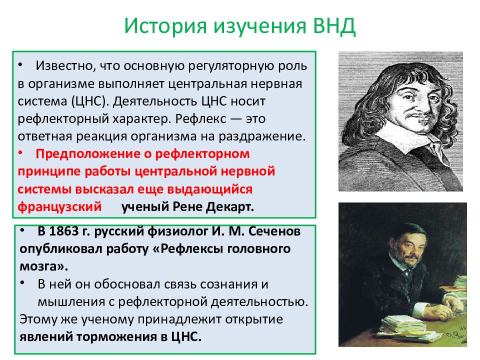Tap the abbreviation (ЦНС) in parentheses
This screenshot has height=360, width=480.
[90, 101]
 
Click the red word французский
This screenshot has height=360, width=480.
[59, 207]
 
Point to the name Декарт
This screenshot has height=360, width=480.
[230, 207]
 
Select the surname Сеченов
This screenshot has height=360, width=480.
[274, 231]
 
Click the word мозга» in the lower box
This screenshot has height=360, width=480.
[44, 266]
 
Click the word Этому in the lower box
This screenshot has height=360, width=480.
[38, 319]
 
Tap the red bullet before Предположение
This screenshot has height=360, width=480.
[20, 152]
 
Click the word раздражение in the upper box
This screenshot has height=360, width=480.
[262, 136]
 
